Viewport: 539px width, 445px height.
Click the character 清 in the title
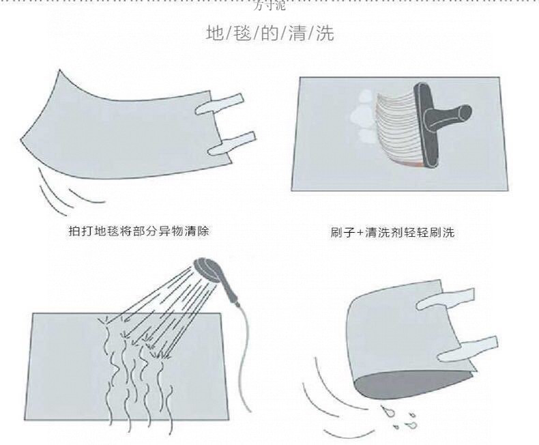click(298, 34)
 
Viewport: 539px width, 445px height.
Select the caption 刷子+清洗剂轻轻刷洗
click(391, 233)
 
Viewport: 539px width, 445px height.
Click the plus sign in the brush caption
click(355, 233)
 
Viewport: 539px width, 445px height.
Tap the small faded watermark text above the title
click(269, 8)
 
